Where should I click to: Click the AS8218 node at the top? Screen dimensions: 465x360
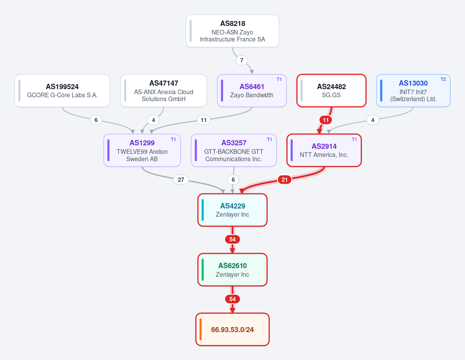pos(232,31)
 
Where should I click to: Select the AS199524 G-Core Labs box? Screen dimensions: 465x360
pos(62,90)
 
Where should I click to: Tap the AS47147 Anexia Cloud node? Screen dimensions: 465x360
pos(164,90)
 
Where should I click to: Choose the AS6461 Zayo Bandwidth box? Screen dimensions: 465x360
pos(252,90)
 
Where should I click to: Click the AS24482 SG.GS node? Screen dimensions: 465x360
pos(331,90)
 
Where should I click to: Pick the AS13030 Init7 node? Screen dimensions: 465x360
pos(413,90)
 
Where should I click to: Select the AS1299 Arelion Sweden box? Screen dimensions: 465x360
pos(142,150)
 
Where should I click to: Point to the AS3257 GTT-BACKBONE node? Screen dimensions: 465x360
pos(234,150)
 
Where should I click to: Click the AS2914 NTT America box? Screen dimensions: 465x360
pos(324,150)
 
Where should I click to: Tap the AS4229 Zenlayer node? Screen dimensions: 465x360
pos(232,210)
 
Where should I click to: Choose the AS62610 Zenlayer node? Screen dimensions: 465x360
pos(232,270)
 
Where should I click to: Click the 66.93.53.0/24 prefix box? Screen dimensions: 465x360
pos(232,329)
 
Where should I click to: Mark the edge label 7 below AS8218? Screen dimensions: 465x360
pos(242,60)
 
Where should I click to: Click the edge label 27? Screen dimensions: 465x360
pos(181,180)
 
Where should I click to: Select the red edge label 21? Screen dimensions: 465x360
pos(284,180)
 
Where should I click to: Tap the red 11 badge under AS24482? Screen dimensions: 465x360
pos(325,120)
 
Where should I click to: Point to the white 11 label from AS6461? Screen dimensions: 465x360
pos(203,120)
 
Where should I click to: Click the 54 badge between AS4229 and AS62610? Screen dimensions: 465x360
pos(232,239)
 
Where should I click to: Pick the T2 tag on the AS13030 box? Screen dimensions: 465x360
pos(443,79)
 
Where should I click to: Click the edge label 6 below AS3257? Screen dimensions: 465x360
pos(233,180)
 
